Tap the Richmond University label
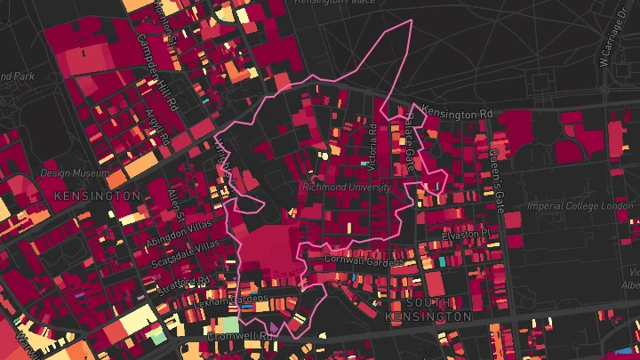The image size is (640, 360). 347,188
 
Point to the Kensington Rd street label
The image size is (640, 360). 457,114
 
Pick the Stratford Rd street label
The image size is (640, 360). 184,284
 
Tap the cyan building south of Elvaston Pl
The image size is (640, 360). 443,263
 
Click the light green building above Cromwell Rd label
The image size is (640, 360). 229,324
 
